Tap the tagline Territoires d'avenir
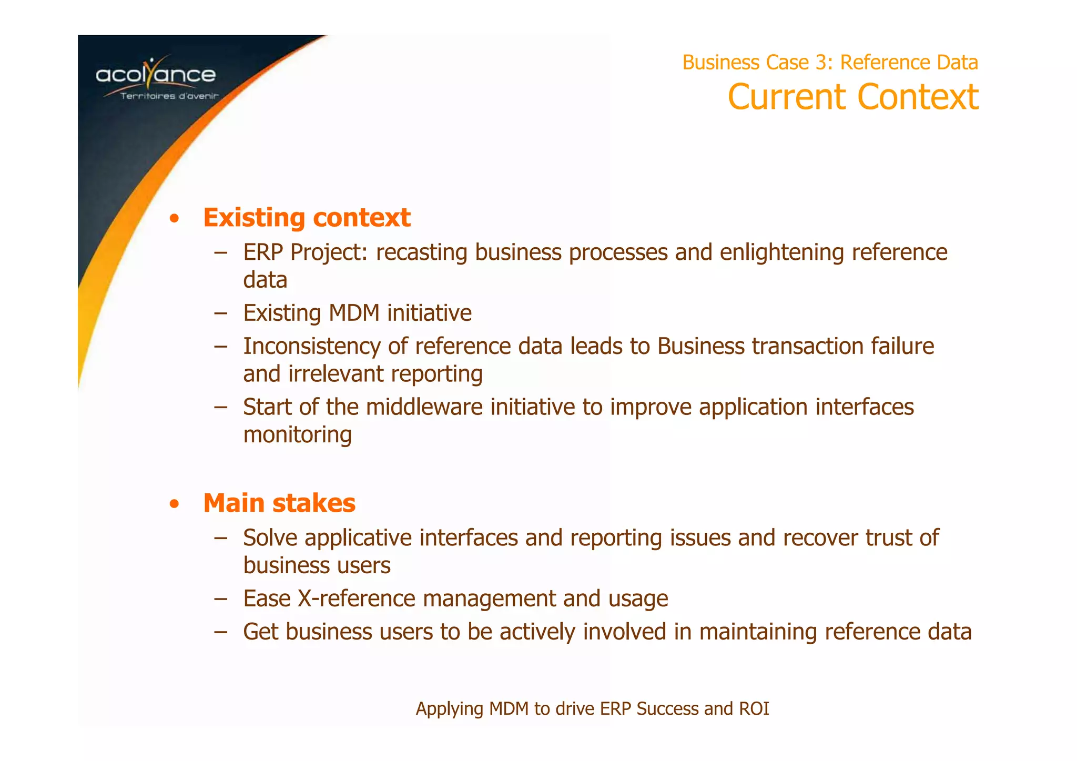(x=169, y=96)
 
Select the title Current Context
(x=852, y=97)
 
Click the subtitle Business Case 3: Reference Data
(x=830, y=63)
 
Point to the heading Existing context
(x=307, y=218)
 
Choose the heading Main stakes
(x=279, y=503)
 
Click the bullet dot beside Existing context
(x=175, y=219)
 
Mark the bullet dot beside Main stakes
(x=175, y=504)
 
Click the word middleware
(x=424, y=407)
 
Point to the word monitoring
(x=297, y=435)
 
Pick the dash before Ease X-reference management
(x=221, y=598)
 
